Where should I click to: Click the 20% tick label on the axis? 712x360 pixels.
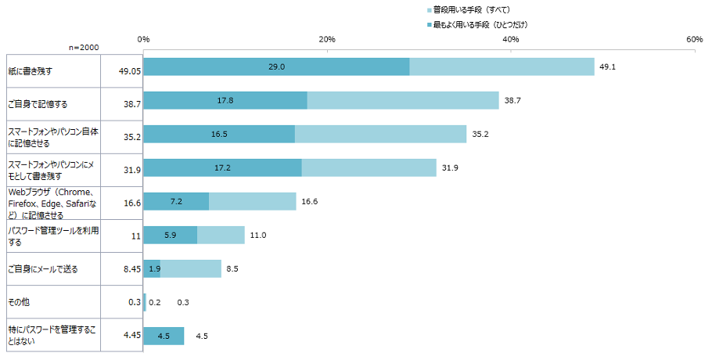pos(327,39)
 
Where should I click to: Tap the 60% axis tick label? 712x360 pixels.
pos(694,39)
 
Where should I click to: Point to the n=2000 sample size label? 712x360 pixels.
pos(84,48)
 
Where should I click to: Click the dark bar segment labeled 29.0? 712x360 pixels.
pos(276,67)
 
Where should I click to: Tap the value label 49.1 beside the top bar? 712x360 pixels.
pos(608,67)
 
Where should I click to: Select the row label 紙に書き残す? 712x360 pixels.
pos(30,71)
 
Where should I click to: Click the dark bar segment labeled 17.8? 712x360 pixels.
pos(225,100)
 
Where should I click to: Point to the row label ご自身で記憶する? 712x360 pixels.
pos(38,104)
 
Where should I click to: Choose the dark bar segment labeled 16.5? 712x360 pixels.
pos(219,134)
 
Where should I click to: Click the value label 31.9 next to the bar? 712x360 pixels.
pos(450,168)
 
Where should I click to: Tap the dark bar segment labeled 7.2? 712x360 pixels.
pos(176,201)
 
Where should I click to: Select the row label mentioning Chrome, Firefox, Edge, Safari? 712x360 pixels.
pos(52,203)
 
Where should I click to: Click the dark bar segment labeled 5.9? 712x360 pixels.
pos(171,235)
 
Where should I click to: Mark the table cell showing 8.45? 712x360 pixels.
pos(132,269)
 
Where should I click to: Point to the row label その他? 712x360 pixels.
pos(19,302)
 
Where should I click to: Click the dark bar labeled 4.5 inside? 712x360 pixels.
pos(164,336)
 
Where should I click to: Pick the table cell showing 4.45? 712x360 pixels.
pos(132,335)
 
